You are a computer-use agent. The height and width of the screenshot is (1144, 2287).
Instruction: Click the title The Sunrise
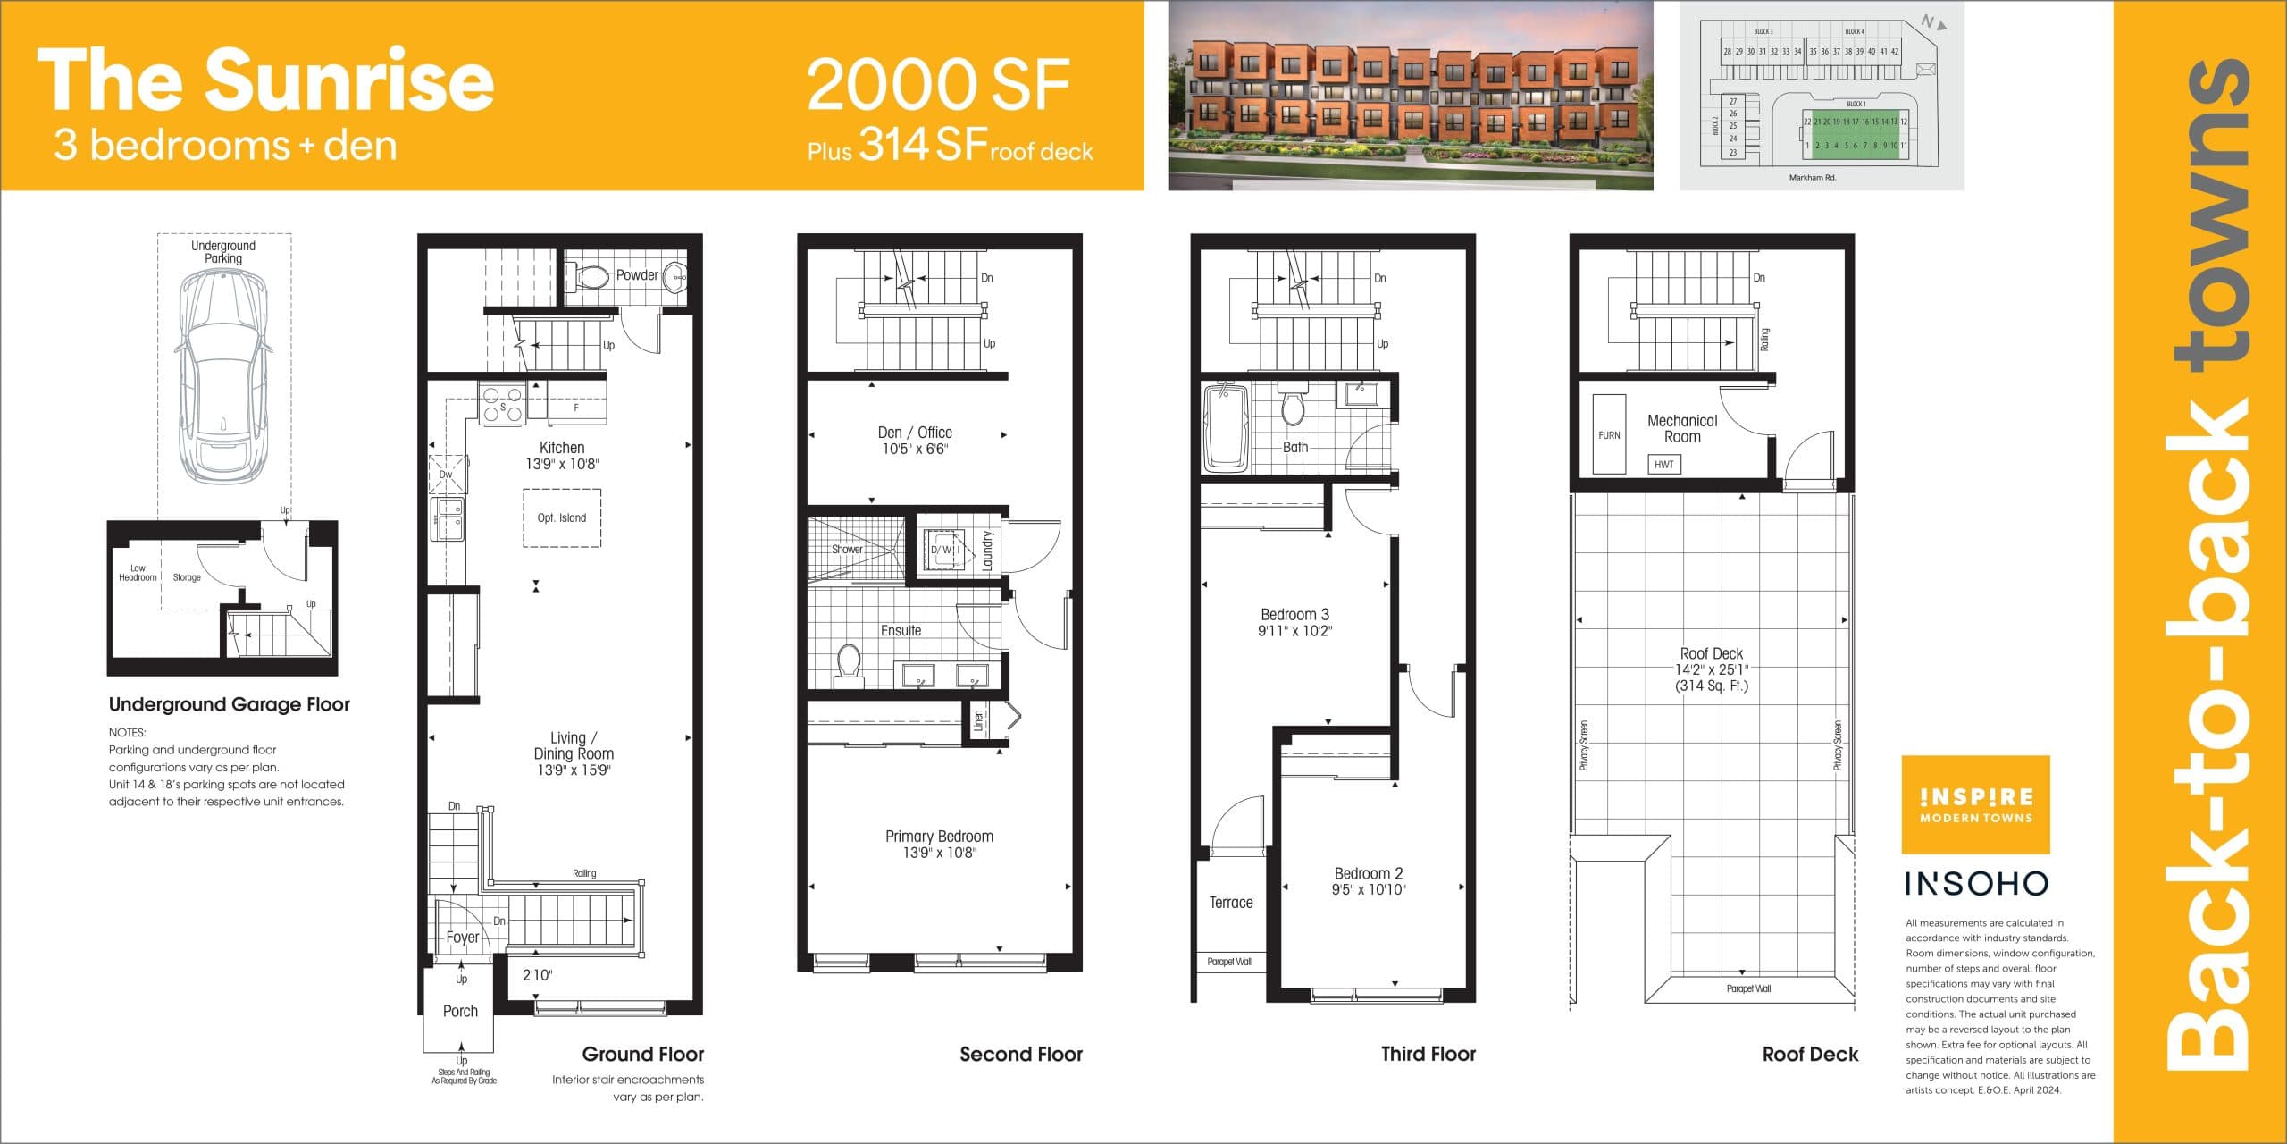[x=265, y=80]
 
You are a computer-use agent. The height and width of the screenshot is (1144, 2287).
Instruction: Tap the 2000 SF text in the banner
[x=938, y=84]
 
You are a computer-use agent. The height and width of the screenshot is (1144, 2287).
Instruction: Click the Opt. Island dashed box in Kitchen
[x=562, y=517]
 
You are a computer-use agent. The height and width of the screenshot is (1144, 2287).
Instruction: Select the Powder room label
[x=637, y=275]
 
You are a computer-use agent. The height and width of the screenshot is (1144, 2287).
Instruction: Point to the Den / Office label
[x=915, y=433]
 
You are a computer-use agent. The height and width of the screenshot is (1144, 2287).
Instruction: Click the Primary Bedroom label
[x=939, y=837]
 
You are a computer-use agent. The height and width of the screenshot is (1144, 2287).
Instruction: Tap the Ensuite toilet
[x=849, y=664]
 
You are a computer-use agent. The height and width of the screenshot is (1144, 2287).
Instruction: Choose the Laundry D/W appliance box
[x=942, y=550]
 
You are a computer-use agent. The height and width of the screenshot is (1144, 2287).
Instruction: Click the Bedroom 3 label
[x=1294, y=615]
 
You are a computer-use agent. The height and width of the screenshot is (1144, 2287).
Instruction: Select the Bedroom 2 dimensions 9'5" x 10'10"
[x=1369, y=890]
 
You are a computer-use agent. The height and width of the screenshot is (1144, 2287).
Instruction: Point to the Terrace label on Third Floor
[x=1231, y=903]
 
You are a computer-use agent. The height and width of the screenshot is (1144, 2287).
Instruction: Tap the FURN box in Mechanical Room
[x=1609, y=435]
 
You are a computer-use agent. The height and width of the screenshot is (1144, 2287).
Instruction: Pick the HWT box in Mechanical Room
[x=1663, y=465]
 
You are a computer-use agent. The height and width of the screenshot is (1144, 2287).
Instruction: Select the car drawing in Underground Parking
[x=223, y=375]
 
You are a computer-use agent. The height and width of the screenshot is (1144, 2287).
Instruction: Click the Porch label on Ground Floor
[x=460, y=1012]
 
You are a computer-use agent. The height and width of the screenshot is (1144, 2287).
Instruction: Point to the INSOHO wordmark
[x=1976, y=884]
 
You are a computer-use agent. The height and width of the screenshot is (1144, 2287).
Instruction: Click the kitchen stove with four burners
[x=502, y=404]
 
